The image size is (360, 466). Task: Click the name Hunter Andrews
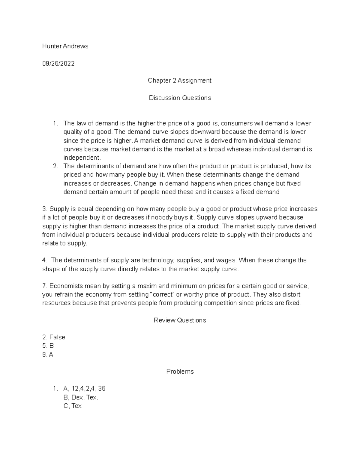65,46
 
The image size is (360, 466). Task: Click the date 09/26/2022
58,64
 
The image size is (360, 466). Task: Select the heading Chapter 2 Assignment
179,81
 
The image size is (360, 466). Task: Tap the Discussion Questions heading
180,98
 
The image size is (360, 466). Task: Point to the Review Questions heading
180,320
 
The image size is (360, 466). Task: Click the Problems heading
180,371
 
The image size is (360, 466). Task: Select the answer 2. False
54,337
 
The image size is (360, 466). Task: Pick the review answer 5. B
48,346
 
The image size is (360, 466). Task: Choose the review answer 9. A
48,355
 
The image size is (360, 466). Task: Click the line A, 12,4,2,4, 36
84,389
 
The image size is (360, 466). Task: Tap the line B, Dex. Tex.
81,397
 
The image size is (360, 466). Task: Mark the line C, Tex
73,406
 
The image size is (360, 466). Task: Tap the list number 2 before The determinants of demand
55,166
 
